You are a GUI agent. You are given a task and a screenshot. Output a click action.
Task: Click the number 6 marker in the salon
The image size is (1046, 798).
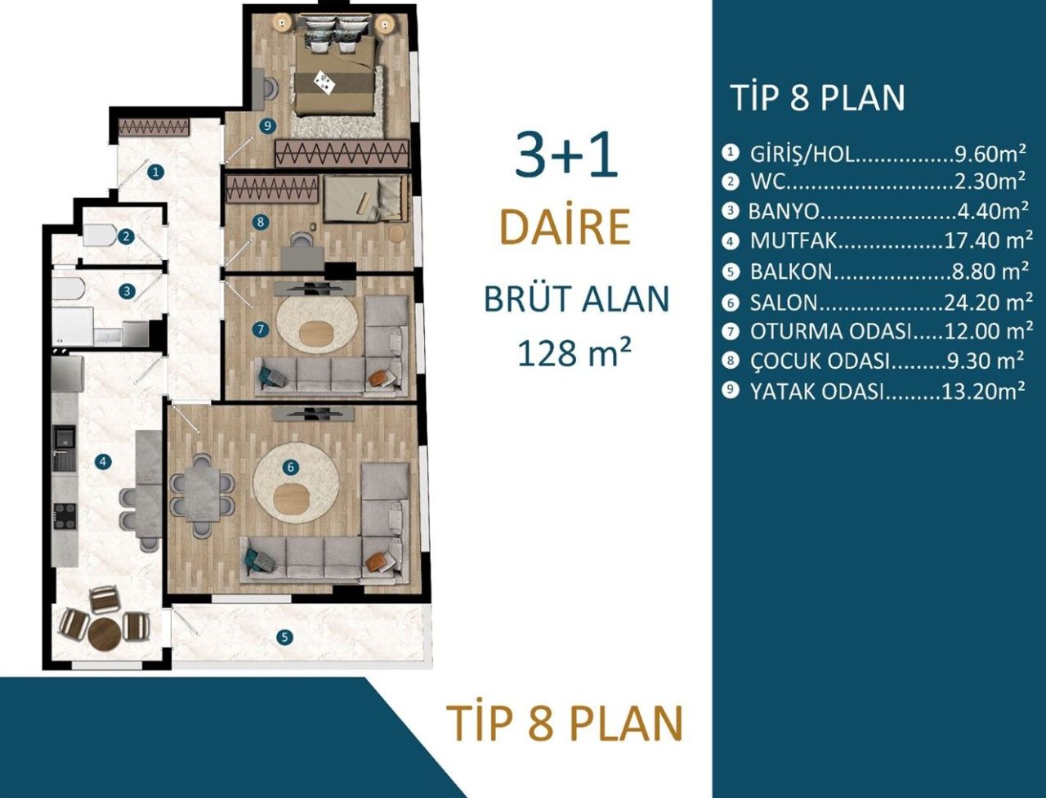click(x=291, y=468)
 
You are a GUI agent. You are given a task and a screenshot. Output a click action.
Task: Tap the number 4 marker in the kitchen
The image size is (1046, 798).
click(x=102, y=462)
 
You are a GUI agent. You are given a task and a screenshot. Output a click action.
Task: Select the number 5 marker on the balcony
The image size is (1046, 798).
click(x=284, y=637)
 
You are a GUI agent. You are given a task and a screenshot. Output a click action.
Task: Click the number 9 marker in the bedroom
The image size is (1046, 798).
click(x=266, y=126)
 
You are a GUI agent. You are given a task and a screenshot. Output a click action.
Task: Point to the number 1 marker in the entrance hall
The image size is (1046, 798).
click(x=155, y=172)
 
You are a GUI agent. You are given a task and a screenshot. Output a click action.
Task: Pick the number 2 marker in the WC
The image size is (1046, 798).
click(x=126, y=237)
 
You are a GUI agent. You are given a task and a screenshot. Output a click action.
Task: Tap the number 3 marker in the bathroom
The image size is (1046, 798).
click(x=127, y=290)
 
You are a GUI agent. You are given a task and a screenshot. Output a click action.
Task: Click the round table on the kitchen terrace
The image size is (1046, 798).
click(x=105, y=632)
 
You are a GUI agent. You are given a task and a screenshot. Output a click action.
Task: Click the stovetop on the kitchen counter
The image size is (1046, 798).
click(x=65, y=515)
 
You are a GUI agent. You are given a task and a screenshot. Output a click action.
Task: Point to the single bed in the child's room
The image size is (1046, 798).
click(x=364, y=199)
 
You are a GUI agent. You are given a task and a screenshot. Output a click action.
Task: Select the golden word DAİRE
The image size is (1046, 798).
click(x=565, y=228)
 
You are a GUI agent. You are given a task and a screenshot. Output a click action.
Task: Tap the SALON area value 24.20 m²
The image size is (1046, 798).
click(x=987, y=303)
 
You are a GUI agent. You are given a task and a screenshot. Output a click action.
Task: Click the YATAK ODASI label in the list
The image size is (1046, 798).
click(x=817, y=392)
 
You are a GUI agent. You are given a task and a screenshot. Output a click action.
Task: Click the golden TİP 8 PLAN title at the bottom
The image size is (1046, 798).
click(x=565, y=723)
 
